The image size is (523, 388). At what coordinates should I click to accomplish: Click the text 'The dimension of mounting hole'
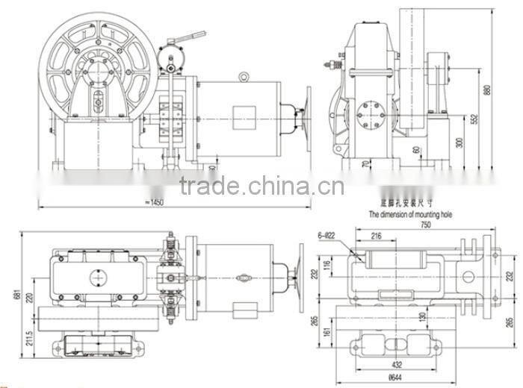tap(410, 213)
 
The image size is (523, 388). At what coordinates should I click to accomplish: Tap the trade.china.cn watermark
tap(261, 187)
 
